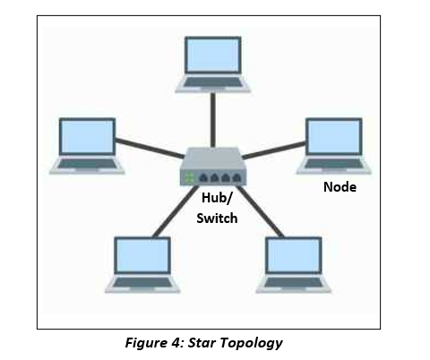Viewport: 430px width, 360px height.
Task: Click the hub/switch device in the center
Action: pos(213,167)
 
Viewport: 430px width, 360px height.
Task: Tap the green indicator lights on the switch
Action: pos(189,177)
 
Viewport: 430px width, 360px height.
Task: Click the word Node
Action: pos(340,187)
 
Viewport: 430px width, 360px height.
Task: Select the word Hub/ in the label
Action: pos(217,198)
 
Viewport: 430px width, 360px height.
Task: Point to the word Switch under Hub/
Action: pos(217,219)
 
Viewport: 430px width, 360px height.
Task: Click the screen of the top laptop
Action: pos(213,56)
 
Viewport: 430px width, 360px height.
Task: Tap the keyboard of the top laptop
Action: pos(213,82)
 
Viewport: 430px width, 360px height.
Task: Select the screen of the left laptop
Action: pos(87,137)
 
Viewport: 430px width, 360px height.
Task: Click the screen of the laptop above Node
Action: pos(334,137)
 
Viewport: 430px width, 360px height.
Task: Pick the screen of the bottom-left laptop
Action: pos(142,255)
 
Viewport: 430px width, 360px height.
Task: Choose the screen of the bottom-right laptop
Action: pos(294,255)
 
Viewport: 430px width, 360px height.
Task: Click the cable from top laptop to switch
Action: pos(213,120)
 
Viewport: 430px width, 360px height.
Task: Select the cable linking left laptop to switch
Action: pos(150,148)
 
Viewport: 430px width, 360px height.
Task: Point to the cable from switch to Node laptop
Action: pos(274,150)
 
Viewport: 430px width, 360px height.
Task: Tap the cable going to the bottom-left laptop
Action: pos(176,211)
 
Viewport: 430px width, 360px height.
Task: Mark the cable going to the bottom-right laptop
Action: pos(260,211)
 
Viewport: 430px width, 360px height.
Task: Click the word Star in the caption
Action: pos(202,343)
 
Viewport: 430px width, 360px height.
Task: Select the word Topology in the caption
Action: pos(252,343)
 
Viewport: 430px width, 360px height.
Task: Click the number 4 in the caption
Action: pos(175,343)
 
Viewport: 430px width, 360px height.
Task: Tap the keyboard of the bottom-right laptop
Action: pos(294,282)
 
